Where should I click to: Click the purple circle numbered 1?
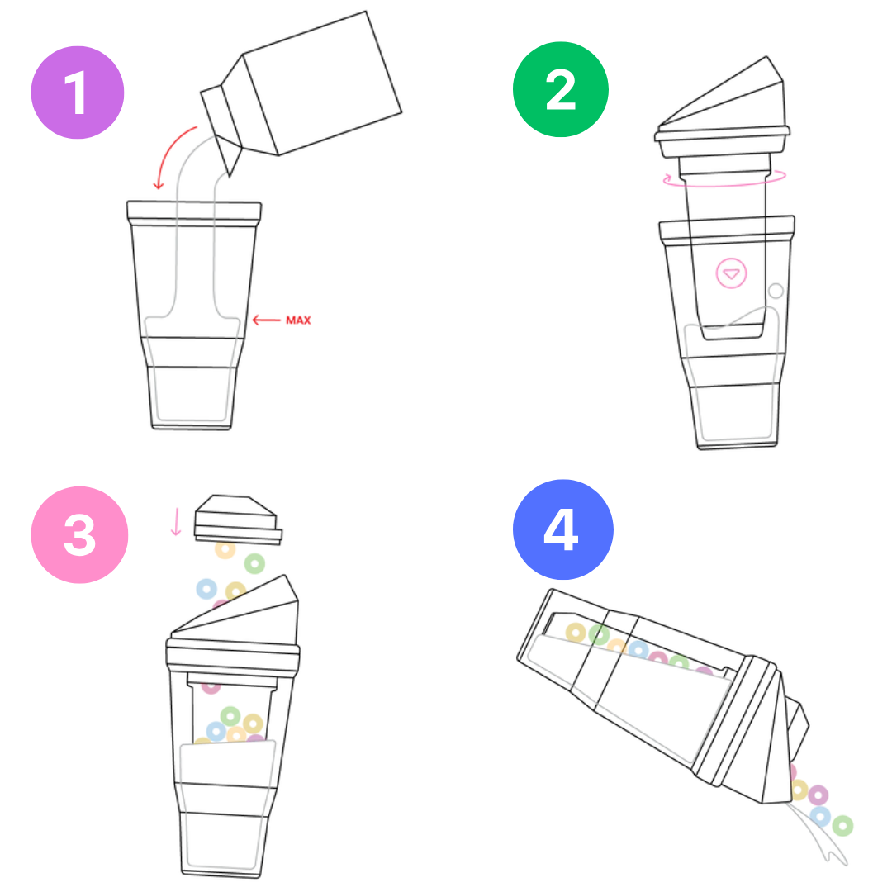point(78,93)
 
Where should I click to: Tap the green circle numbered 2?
point(560,89)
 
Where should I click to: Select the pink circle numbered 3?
point(79,534)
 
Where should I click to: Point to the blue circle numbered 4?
point(562,529)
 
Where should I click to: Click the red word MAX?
point(298,320)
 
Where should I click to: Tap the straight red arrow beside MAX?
point(266,320)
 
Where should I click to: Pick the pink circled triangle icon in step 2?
point(731,273)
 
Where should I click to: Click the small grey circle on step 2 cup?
point(776,291)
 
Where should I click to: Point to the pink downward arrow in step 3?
point(177,522)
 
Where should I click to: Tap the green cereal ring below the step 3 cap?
point(254,564)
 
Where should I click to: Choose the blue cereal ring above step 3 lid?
point(206,589)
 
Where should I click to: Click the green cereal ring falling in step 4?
point(842,825)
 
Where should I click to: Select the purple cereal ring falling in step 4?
point(818,795)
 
